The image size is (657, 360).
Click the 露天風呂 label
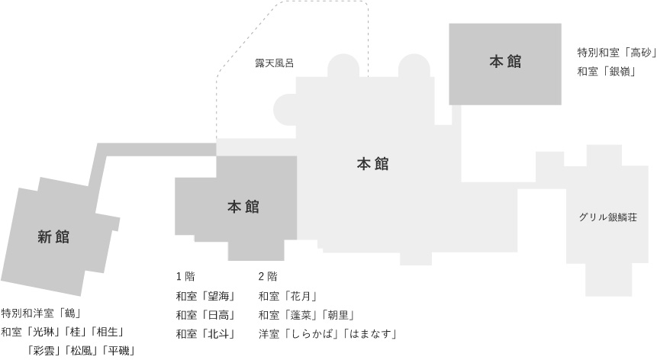pos(275,63)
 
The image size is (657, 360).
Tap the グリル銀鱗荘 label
pos(608,217)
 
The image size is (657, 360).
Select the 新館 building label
pos(53,237)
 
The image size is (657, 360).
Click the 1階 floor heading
pos(185,276)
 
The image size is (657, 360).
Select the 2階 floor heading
pos(268,276)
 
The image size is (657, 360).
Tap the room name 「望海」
pos(215,296)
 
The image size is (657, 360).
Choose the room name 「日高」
pos(215,315)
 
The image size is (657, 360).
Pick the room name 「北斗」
pos(215,333)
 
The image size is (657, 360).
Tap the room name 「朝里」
pos(338,315)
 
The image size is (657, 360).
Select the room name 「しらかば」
pos(309,333)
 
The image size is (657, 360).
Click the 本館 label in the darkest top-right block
pos(505,62)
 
